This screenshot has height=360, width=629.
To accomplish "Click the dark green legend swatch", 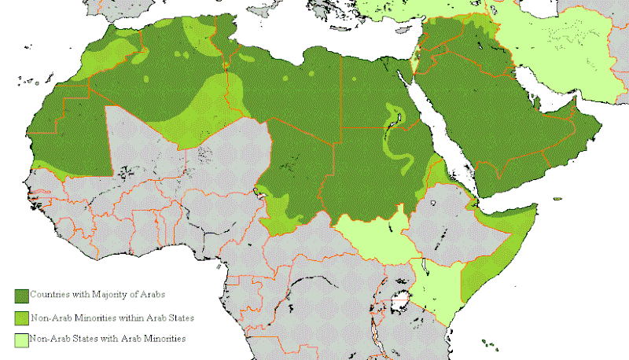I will pos(22,296).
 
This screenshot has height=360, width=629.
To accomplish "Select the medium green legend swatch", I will pos(22,318).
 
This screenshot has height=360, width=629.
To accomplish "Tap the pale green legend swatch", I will pos(22,340).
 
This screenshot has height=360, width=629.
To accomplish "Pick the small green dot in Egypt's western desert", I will pos(312,75).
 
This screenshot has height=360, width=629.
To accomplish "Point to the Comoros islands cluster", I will pos(490,343).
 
